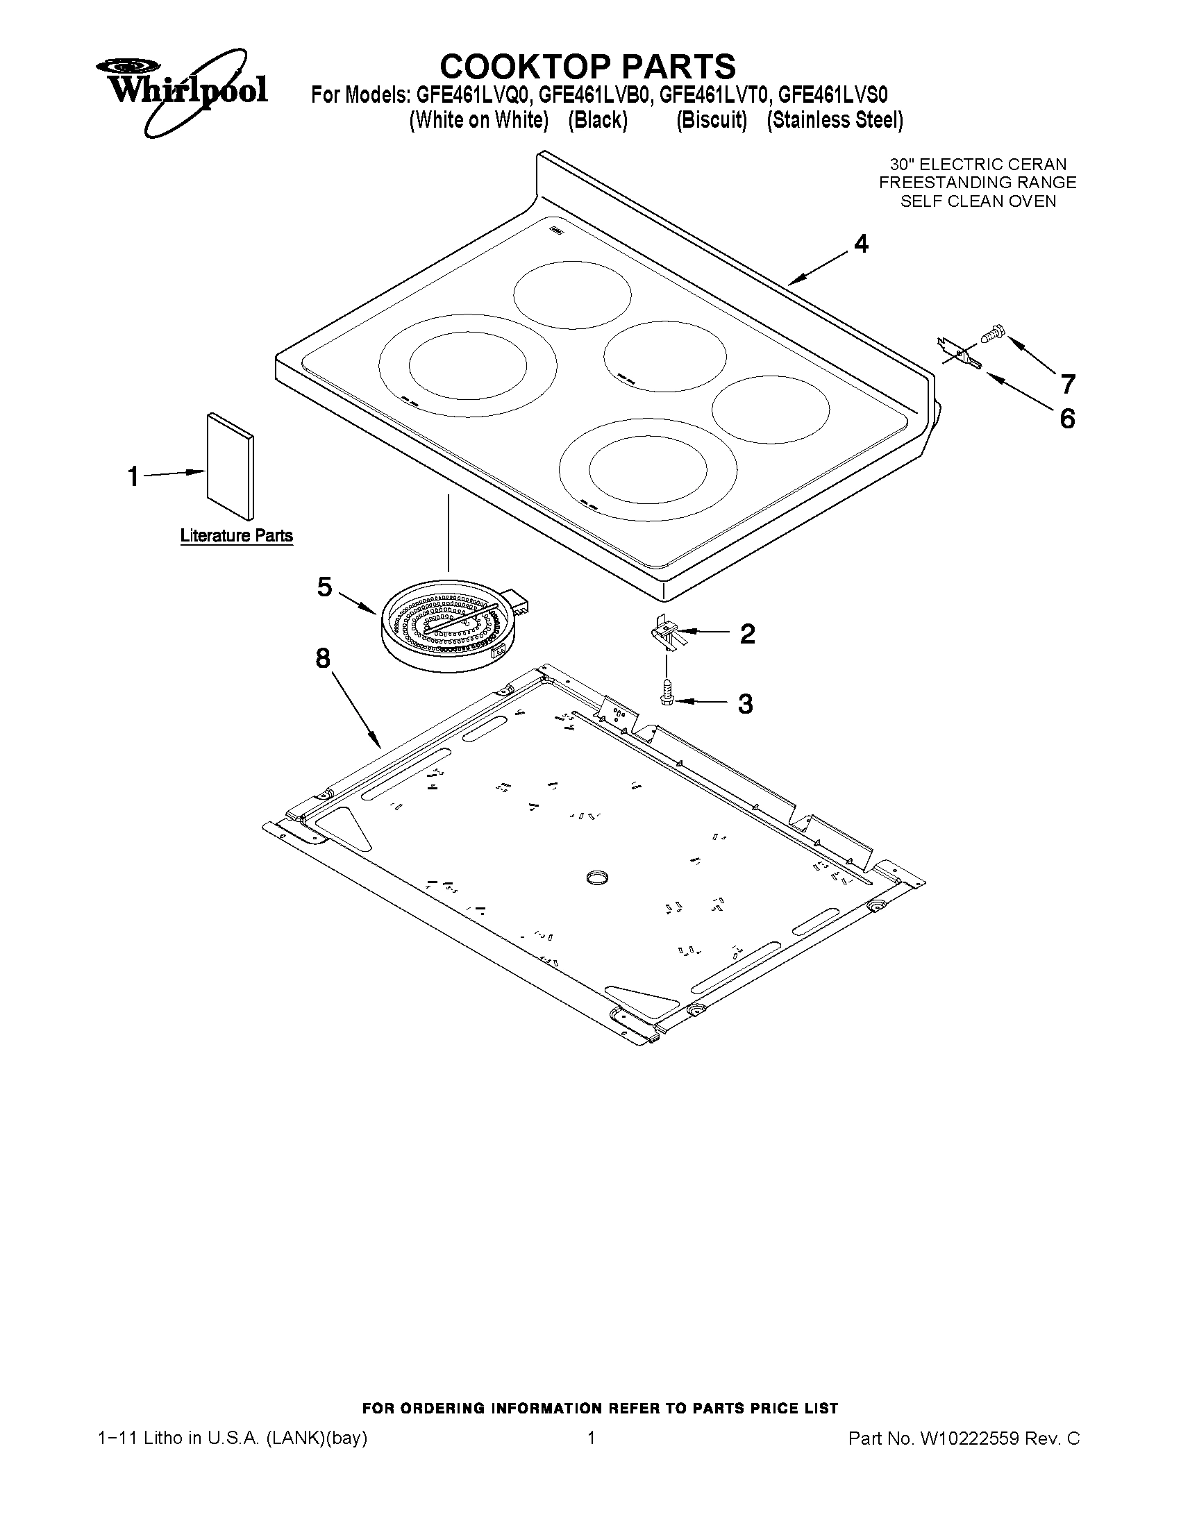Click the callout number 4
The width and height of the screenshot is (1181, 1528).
pos(861,244)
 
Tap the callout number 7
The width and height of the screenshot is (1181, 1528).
pos(1068,384)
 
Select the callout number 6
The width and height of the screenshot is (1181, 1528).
pos(1067,419)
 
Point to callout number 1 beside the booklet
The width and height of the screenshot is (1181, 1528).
pos(133,477)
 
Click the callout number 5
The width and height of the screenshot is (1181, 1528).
pos(324,587)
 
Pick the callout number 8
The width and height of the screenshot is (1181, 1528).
pos(323,657)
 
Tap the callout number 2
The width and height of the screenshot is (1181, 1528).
pos(748,634)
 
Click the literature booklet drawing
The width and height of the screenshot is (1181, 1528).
pos(231,466)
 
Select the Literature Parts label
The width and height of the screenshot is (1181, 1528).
pos(237,536)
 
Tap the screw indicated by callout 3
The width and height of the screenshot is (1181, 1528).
pos(666,693)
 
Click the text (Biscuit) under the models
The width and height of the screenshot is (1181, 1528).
pos(711,120)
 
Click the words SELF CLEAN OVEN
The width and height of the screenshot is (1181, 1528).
pos(978,201)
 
